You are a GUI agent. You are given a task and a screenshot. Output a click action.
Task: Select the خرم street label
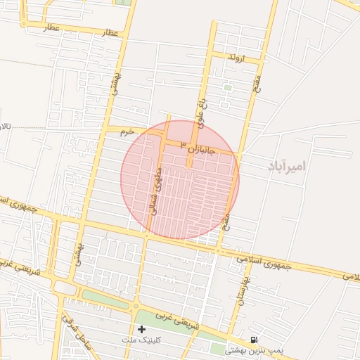point(126,131)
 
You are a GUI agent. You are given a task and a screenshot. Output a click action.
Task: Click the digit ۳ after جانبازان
point(185,144)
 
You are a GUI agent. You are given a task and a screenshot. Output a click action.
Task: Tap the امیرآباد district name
point(288,167)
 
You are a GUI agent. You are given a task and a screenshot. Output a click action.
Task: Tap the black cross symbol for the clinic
point(141,329)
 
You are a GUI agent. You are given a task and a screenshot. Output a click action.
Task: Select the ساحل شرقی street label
point(77,330)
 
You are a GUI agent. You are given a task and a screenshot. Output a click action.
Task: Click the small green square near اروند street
point(227,88)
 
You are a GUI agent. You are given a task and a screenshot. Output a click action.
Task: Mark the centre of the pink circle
point(180,179)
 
